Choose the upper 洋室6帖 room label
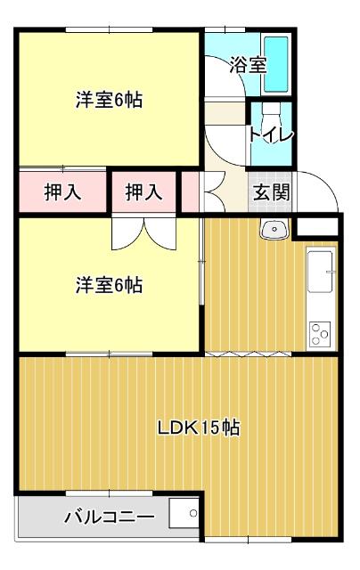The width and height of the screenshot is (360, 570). click(x=108, y=100)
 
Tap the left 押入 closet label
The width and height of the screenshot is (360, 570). click(x=62, y=191)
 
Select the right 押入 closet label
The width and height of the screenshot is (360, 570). click(x=143, y=191)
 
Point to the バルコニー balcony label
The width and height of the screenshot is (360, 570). click(x=109, y=517)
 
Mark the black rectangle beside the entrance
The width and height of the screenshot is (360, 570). click(x=317, y=225)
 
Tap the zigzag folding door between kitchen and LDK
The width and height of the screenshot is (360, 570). click(x=249, y=354)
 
